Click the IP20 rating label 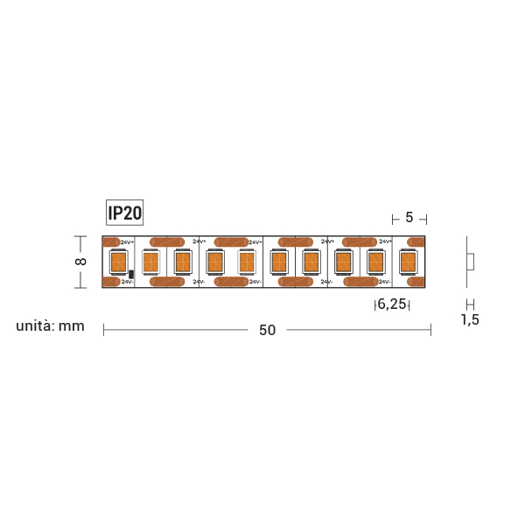(124, 213)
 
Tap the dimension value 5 (409, 218)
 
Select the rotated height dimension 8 (80, 262)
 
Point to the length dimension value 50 (267, 330)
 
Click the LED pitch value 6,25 (391, 304)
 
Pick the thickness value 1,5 (470, 319)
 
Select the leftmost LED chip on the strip (117, 262)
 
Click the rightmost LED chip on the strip (408, 262)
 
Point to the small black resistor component (131, 274)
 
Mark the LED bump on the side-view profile (471, 262)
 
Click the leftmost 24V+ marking (127, 242)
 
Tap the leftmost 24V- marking (128, 282)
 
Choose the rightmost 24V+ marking (385, 241)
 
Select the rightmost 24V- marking (385, 282)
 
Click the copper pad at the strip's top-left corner (111, 242)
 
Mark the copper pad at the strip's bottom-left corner (111, 282)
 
